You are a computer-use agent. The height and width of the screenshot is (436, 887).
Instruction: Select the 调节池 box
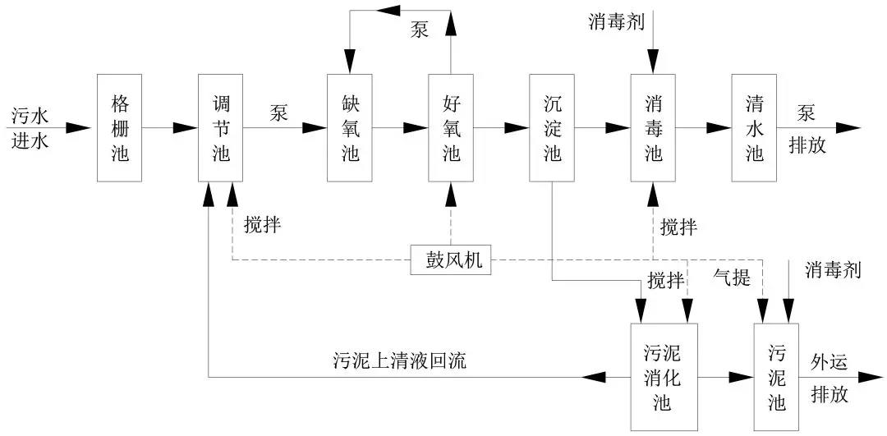coord(221,127)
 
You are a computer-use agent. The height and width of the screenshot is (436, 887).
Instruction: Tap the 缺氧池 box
coord(350,127)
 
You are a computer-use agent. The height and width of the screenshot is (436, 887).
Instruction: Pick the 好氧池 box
coord(451,127)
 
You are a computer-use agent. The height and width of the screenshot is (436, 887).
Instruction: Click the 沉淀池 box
coord(553,127)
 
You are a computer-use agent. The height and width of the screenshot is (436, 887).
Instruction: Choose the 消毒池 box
coord(653,127)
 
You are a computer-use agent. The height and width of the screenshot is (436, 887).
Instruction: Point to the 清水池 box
coord(754,127)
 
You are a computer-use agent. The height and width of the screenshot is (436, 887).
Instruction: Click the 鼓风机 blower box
coord(452,262)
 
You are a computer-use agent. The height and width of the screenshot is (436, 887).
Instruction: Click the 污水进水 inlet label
coord(30,127)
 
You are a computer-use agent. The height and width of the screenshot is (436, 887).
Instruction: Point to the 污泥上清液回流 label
coord(399,360)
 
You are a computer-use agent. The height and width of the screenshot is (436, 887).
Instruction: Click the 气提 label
coord(730,278)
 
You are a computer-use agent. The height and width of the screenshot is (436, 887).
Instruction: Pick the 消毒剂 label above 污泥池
coord(833,270)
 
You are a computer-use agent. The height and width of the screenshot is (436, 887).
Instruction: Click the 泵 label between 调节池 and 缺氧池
coord(278,113)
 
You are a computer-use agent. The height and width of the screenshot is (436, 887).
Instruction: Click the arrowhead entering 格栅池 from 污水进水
coord(79,127)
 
